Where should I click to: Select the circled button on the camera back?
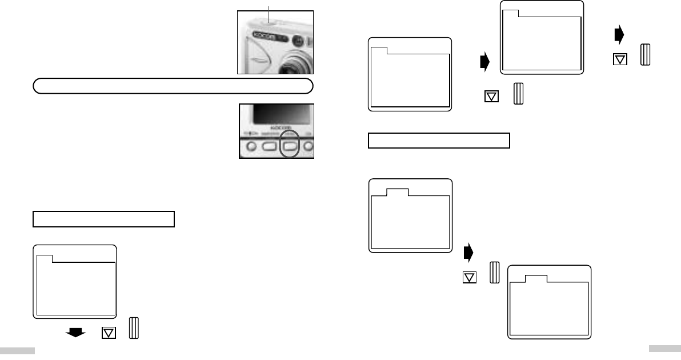click(290, 146)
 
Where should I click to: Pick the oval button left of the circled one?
click(269, 146)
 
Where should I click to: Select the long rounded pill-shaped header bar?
click(172, 86)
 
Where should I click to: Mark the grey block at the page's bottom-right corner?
click(664, 349)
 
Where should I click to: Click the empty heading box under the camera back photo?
click(103, 219)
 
